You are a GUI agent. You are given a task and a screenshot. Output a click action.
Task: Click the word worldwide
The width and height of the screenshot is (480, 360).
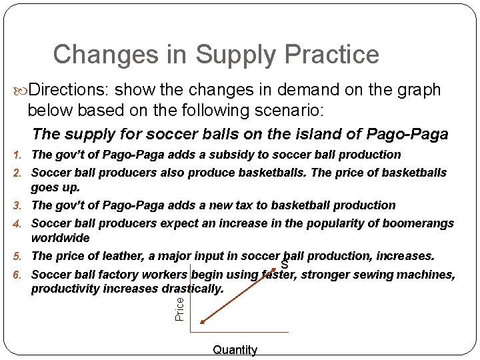[60, 238]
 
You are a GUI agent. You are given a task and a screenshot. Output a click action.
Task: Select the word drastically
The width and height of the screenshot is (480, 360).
[193, 289]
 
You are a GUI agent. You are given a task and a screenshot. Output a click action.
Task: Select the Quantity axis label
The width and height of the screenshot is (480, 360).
[235, 350]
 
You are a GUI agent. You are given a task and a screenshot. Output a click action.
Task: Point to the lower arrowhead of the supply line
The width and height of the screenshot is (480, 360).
[203, 322]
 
